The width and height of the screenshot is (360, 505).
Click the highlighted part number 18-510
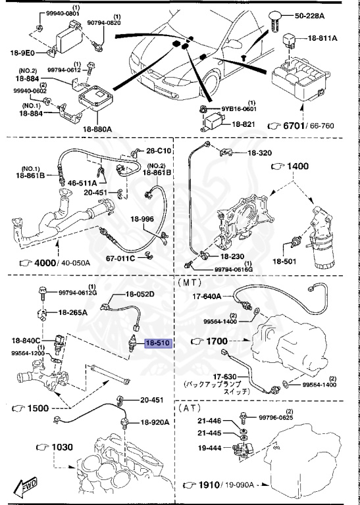(x=158, y=343)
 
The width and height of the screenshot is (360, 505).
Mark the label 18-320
(x=259, y=153)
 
